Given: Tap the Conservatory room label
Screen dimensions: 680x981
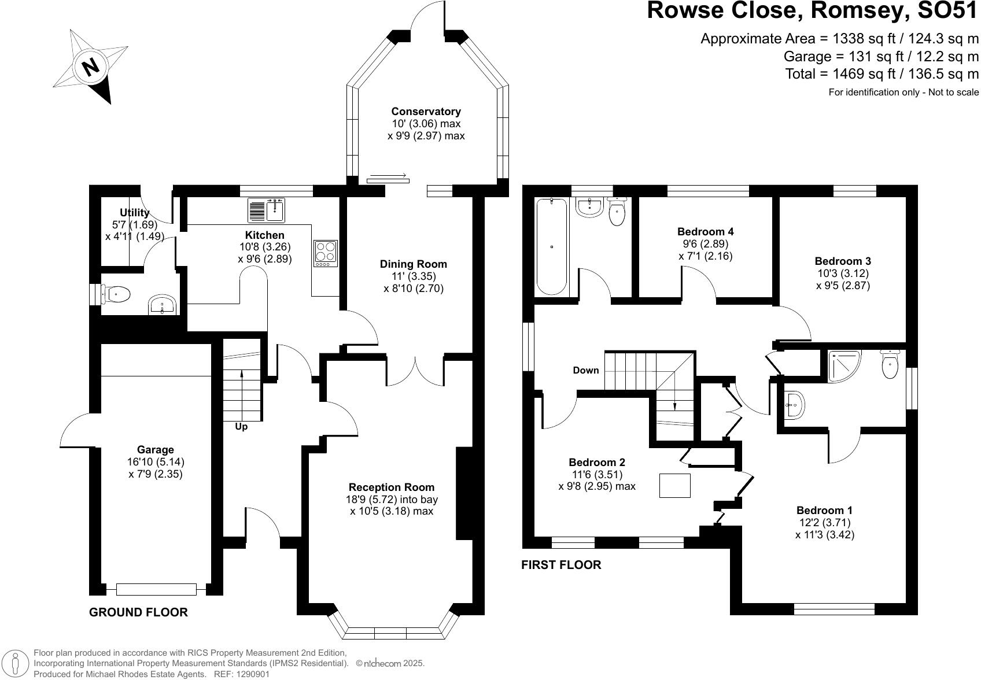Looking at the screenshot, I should point(426,112).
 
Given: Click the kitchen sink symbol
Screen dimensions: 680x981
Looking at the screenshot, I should point(267,210).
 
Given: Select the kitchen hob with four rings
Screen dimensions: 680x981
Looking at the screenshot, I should point(326,253).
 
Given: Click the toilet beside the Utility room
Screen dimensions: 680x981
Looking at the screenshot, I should point(115,294).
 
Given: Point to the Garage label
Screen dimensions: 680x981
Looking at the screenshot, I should point(155,449).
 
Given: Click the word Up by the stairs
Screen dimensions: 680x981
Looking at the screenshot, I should point(241,427).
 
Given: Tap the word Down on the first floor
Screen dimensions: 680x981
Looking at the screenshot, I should point(586,370).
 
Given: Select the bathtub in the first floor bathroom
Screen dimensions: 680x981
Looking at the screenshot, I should point(552,247).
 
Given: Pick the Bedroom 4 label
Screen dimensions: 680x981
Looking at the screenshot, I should point(705,231).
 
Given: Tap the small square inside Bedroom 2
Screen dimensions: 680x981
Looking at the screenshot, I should point(674,485).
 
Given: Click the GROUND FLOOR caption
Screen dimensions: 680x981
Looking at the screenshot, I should point(138,612).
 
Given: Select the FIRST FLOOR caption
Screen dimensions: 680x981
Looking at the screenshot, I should point(561,565).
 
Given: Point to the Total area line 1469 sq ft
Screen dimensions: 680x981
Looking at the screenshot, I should point(882,74).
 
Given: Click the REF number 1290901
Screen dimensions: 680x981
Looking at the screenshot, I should point(250,674).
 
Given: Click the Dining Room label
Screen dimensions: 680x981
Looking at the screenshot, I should point(413,264).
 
